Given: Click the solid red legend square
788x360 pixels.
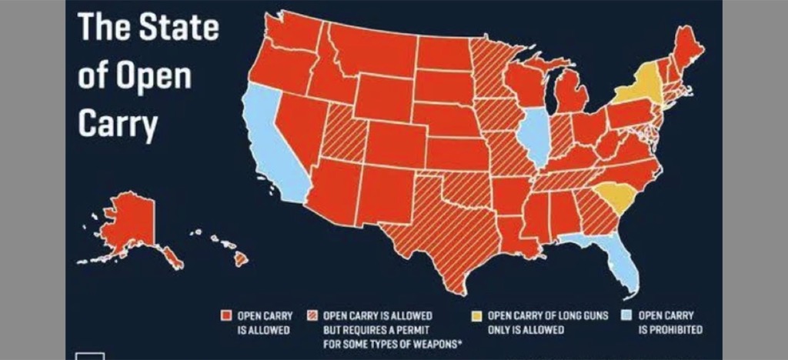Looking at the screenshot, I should [x=226, y=315].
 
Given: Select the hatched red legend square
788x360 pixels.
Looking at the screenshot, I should [x=314, y=315].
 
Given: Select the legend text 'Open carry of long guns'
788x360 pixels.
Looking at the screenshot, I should [x=531, y=315].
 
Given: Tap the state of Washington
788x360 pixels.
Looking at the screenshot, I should [x=289, y=35].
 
